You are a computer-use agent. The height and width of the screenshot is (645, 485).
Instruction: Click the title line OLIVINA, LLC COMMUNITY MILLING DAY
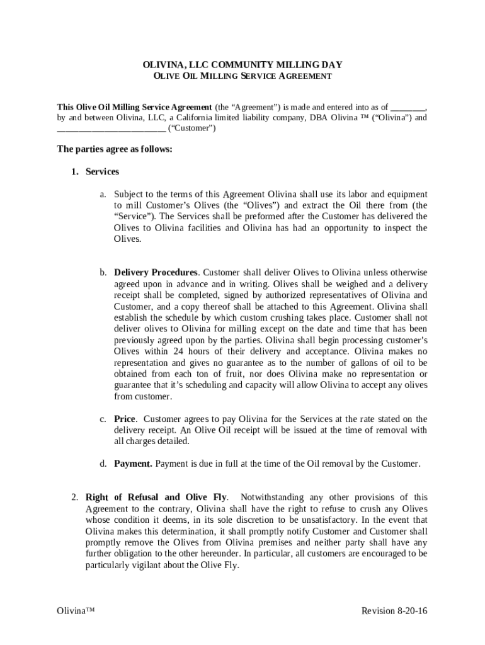243,65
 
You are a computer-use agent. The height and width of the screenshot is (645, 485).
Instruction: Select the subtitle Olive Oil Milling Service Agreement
243,76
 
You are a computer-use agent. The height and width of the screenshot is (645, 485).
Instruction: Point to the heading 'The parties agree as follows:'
115,149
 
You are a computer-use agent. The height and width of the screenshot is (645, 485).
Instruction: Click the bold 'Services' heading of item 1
102,171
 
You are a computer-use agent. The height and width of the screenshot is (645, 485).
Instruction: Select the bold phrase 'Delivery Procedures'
156,273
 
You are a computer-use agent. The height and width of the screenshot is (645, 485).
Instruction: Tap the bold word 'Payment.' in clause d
133,464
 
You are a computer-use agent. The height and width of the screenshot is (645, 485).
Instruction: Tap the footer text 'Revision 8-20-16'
394,612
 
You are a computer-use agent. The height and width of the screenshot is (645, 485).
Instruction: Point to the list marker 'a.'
103,194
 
